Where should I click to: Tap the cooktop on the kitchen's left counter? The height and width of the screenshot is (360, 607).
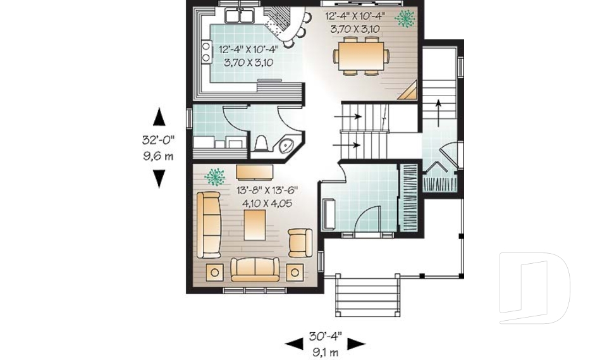(x=206, y=51)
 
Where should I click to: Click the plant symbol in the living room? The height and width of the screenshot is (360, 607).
(x=216, y=174)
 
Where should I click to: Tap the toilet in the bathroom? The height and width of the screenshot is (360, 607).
(x=261, y=145)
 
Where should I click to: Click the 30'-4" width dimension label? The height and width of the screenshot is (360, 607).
(x=325, y=336)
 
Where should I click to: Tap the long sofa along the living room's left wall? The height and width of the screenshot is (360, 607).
(x=209, y=225)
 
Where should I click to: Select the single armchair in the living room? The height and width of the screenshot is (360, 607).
(x=299, y=242)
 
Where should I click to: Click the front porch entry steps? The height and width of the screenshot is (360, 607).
(x=368, y=295)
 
